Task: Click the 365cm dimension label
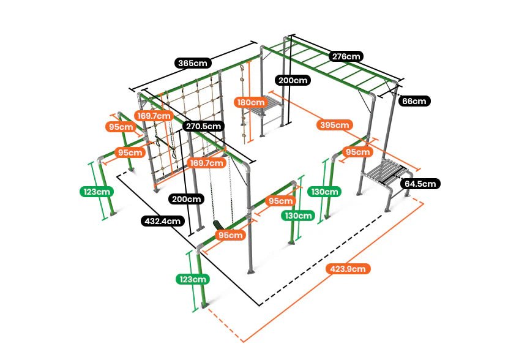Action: (193, 63)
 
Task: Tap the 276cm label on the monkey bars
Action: (346, 56)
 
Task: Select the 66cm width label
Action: (414, 101)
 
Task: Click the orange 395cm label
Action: (334, 126)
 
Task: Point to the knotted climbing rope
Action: (243, 104)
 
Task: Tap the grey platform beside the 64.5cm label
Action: (386, 171)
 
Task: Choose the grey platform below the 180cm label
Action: (264, 113)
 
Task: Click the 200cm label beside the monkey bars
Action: (293, 80)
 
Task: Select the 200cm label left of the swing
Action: (186, 199)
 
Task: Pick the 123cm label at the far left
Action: (97, 191)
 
